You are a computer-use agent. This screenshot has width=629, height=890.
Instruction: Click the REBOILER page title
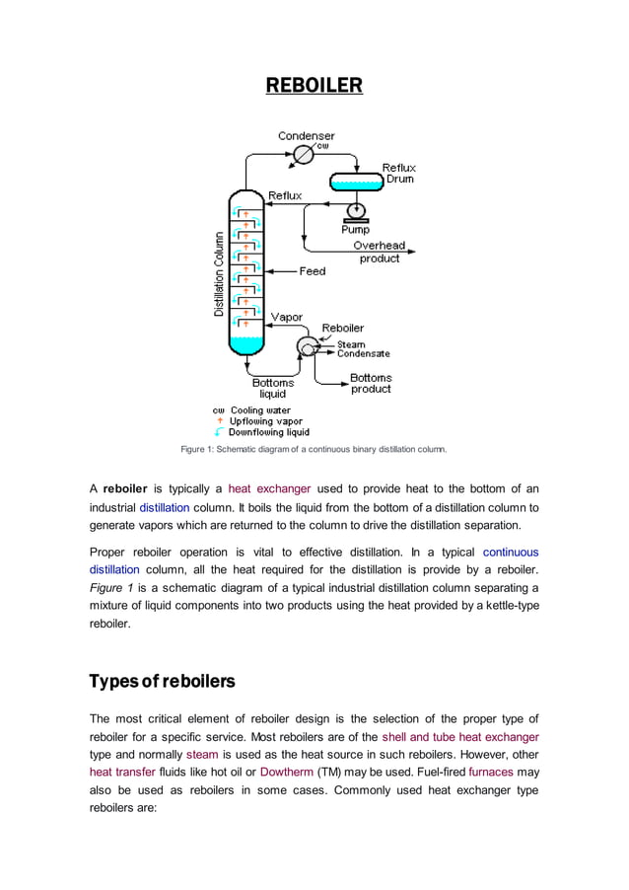point(314,86)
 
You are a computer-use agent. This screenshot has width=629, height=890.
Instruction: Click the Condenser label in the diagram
point(306,135)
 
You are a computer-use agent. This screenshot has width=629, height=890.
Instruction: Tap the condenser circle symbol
point(305,155)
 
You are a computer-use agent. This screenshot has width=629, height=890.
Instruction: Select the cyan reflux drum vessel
point(355,182)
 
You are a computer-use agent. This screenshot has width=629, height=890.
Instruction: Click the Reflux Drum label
point(399,174)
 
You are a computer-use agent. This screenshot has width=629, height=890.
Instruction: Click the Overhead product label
point(379,252)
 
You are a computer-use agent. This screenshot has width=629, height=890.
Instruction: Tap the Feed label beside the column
point(313,270)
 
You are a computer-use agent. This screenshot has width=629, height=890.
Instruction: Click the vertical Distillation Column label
point(219,274)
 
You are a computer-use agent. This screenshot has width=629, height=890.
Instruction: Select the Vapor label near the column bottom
point(286,318)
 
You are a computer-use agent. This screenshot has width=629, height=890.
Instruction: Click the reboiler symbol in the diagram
point(307,346)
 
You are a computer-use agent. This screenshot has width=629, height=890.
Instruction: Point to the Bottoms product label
point(371,383)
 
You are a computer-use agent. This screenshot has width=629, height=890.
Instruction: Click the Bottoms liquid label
point(273,388)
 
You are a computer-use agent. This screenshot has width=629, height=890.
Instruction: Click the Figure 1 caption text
point(314,449)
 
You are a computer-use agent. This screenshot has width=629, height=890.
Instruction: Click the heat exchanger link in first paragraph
point(269,487)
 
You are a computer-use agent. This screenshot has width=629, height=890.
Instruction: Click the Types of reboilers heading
point(162,682)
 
